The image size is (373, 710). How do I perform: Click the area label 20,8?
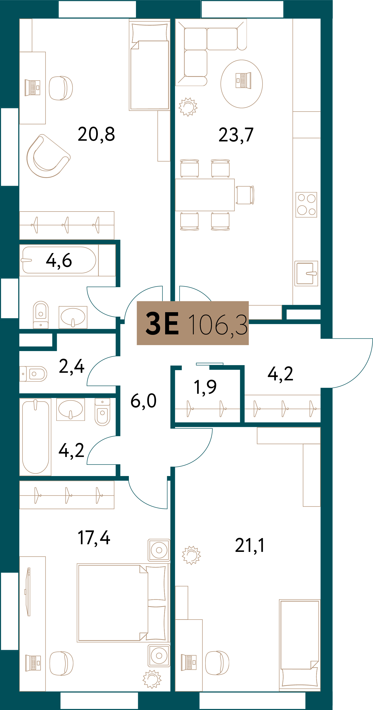[x=96, y=135]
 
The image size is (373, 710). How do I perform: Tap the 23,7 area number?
[x=236, y=135]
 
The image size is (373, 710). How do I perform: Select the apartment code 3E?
[x=162, y=323]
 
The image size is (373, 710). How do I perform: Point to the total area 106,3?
[x=218, y=325]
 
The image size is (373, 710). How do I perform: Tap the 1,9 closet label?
[x=205, y=387]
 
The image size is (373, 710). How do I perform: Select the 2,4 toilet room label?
[x=71, y=367]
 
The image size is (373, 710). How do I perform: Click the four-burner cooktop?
[x=306, y=205]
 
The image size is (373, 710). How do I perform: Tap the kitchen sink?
[x=306, y=273]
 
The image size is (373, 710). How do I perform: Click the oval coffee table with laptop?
[x=242, y=84]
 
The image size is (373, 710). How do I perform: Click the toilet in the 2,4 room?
[x=33, y=374]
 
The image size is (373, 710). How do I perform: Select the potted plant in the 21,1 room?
[x=191, y=555]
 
